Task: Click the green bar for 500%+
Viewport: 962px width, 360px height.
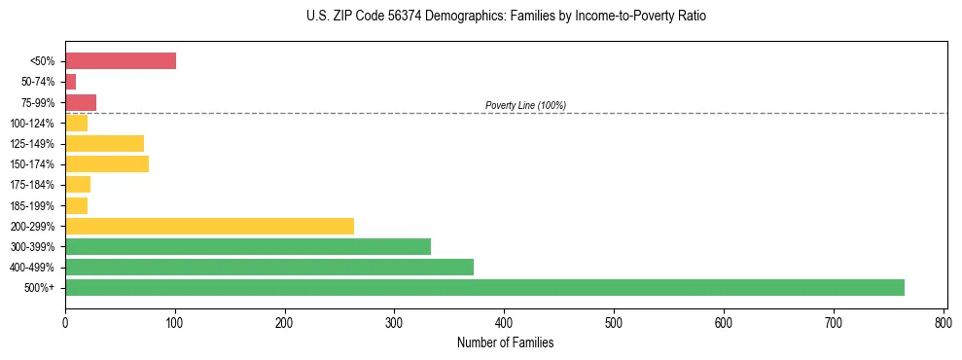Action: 484,287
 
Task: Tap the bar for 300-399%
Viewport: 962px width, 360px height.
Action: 248,246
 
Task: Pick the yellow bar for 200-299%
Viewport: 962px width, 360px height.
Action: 209,226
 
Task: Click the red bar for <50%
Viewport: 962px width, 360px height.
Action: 121,61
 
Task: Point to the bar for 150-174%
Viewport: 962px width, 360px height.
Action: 107,163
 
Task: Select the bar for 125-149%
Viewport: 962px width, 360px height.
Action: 104,143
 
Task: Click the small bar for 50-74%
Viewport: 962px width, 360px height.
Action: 70,82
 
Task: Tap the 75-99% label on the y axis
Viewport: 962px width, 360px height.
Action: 38,103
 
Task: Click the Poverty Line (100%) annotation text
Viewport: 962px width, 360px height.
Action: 525,105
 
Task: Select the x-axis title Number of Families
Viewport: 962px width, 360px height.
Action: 506,342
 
